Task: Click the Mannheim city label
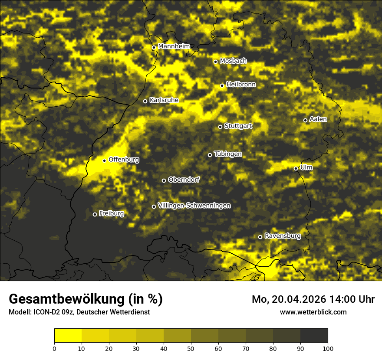174,46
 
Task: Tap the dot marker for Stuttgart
220,127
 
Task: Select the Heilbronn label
241,85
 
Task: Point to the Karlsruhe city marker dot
145,101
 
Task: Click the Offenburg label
124,160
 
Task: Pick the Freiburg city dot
95,214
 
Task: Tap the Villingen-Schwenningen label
194,206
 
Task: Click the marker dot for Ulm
296,168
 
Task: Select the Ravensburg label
283,236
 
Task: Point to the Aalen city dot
305,120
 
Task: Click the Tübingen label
228,154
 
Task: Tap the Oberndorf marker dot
164,180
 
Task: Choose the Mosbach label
233,61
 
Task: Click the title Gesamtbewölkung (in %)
86,299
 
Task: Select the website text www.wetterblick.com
313,312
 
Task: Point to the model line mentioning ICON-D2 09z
79,312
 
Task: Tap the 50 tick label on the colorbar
191,348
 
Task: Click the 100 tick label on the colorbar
328,348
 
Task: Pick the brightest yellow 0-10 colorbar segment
68,336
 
